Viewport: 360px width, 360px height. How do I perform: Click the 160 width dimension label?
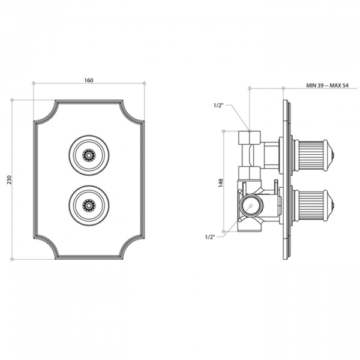coord(89,80)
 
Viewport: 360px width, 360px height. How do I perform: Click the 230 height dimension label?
coord(9,179)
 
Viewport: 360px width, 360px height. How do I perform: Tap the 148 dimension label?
coord(221,183)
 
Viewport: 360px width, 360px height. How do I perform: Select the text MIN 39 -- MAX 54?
coord(327,85)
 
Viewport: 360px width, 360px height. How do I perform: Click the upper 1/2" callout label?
coord(218,106)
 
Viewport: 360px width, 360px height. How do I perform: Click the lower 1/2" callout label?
coord(210,237)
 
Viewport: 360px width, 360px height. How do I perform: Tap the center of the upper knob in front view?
coord(89,155)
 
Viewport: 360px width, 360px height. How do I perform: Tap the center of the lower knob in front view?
coord(89,205)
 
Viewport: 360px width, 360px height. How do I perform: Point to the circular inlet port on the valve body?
coord(251,205)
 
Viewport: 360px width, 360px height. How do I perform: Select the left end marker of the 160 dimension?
coord(34,83)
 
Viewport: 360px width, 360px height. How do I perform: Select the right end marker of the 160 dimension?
coord(144,83)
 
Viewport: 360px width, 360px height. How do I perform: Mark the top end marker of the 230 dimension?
coord(12,100)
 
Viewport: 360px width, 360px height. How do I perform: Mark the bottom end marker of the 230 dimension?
coord(12,259)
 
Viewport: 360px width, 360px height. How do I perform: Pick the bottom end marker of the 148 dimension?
coord(224,232)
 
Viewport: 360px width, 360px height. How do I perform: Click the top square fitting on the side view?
coord(250,137)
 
